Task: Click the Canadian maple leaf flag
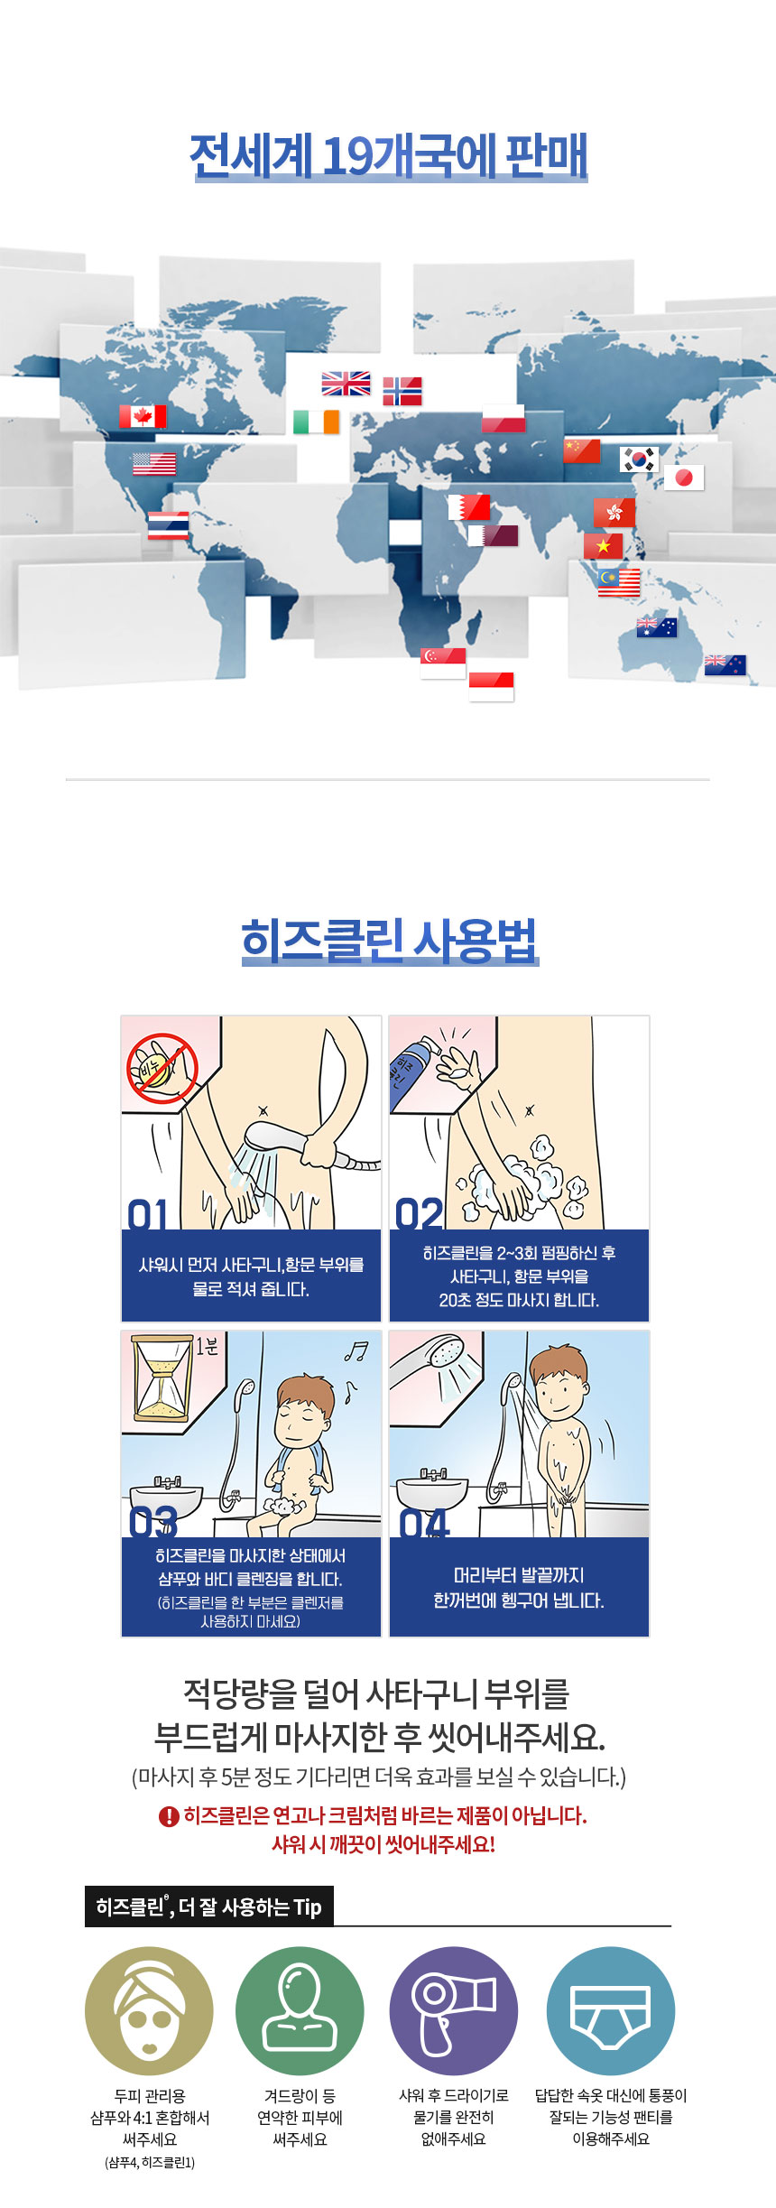(143, 416)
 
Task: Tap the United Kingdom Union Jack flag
(346, 384)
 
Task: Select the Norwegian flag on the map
(402, 391)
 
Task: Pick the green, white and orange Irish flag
(316, 422)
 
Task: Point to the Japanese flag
(684, 478)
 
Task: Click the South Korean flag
(639, 459)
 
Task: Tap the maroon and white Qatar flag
(493, 535)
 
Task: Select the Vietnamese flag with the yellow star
(603, 546)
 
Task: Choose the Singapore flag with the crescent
(443, 663)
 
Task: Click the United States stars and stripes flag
(154, 464)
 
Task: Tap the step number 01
(148, 1214)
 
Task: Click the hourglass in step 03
(162, 1378)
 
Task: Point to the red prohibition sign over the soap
(162, 1069)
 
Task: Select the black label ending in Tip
(209, 1906)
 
